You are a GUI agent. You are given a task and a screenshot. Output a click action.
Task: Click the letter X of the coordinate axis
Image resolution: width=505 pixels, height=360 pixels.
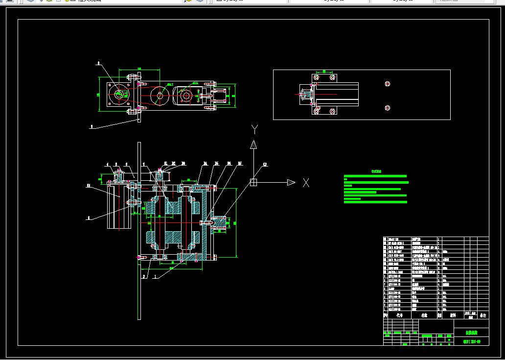click(x=306, y=183)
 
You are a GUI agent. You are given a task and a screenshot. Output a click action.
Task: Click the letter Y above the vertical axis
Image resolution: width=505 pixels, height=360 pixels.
click(x=254, y=129)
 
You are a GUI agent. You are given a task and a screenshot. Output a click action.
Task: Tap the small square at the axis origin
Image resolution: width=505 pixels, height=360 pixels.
click(x=253, y=182)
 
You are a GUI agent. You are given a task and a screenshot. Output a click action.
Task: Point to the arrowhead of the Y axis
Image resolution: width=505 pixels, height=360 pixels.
click(x=253, y=144)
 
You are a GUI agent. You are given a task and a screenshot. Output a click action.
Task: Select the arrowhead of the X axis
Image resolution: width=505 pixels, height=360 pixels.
click(x=291, y=183)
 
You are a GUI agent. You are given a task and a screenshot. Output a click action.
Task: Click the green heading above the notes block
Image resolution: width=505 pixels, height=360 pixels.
click(x=376, y=171)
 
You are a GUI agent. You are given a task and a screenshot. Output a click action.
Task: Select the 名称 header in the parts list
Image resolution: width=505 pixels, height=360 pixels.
click(x=424, y=316)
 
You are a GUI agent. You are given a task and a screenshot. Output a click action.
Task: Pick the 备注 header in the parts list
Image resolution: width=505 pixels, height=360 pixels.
click(x=483, y=316)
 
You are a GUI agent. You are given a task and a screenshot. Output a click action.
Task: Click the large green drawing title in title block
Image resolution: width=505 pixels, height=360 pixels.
click(x=471, y=332)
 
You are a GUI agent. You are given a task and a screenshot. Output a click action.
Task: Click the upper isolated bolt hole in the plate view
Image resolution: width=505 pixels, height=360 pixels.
click(x=388, y=84)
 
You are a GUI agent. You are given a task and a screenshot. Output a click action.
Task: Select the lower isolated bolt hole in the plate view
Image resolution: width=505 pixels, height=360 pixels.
click(x=388, y=108)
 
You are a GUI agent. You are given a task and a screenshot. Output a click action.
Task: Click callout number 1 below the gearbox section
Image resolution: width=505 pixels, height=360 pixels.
click(x=155, y=276)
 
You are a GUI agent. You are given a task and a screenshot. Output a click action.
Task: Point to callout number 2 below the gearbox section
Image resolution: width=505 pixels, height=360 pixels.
click(x=143, y=276)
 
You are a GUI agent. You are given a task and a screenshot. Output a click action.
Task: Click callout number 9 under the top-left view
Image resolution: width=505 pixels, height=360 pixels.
click(x=91, y=126)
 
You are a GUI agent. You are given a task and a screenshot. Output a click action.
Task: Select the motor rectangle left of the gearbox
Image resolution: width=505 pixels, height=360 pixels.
click(x=119, y=206)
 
